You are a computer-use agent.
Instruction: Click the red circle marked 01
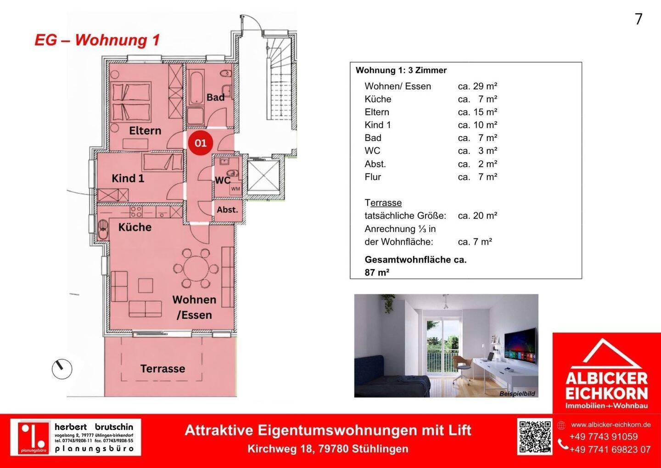pos(201,143)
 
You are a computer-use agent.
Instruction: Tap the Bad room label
pos(215,97)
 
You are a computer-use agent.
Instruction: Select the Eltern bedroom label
pos(145,130)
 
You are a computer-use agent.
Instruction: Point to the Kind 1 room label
pos(128,178)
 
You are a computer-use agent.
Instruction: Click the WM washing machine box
pos(235,189)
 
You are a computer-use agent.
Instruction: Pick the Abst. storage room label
pos(227,210)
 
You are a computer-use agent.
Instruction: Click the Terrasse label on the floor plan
pos(162,368)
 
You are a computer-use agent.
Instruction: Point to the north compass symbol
pos(62,369)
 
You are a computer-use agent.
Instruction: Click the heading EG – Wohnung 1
pos(97,40)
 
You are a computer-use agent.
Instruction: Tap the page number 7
pos(638,19)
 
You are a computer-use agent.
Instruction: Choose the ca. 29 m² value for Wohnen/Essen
pos(477,86)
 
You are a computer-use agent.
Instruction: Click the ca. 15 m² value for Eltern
pos(477,112)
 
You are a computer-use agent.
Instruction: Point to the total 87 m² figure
pos(377,272)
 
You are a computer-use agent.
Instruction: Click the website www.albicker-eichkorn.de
pos(611,424)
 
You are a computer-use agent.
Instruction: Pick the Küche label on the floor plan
pos(135,227)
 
